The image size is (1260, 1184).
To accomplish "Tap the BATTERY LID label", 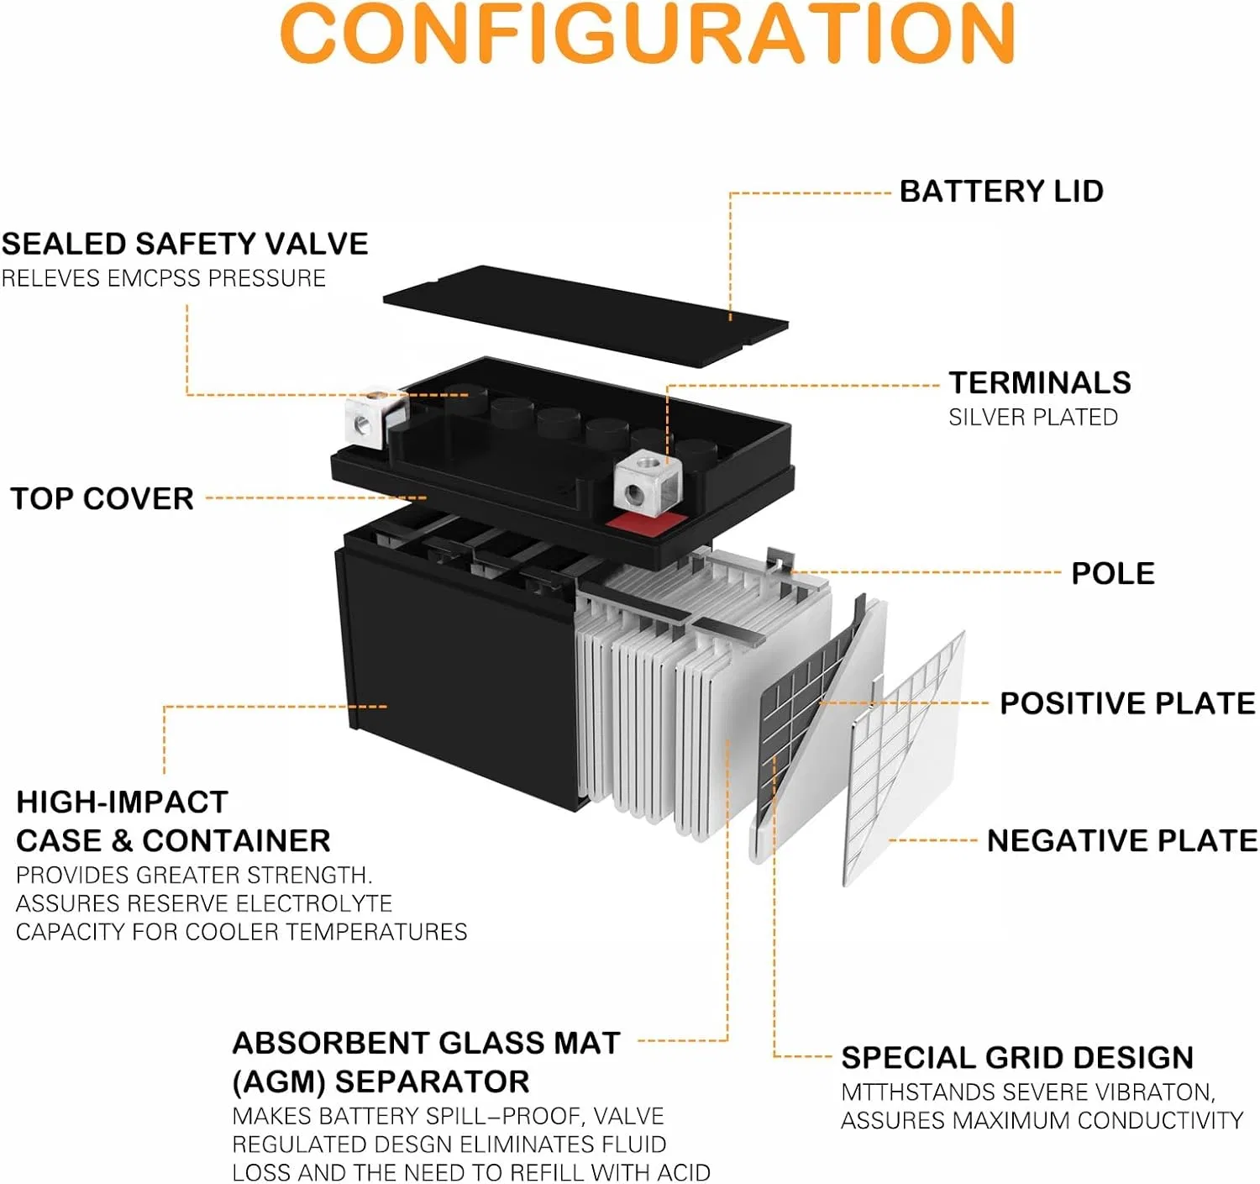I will coord(1001,192).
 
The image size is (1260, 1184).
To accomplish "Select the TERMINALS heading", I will coord(1040,383).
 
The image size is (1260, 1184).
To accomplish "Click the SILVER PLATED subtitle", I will coord(1033,418).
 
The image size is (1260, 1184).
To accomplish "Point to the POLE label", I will coord(1113,574).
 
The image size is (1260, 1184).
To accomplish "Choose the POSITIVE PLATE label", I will coord(1127,703).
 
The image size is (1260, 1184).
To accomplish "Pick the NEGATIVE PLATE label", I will coord(1122,841).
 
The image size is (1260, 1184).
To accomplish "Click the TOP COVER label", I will coord(102,499).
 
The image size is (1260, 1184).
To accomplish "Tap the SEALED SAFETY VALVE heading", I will coord(185,245).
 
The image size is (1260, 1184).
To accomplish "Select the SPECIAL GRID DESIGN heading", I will coord(1017,1058).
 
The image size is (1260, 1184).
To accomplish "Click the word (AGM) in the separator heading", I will coord(278,1082).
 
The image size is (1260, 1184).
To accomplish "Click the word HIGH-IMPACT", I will coord(122,802).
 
